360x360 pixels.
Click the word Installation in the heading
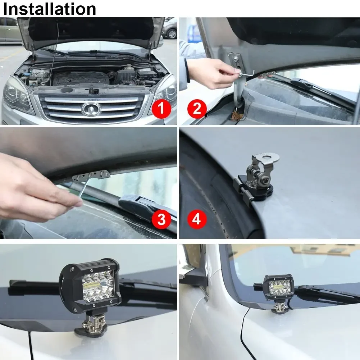pyautogui.click(x=50, y=9)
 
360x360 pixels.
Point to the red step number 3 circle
pyautogui.click(x=161, y=219)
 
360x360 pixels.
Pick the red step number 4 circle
pyautogui.click(x=197, y=219)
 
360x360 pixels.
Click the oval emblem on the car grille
pyautogui.click(x=90, y=109)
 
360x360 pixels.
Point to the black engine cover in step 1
pyautogui.click(x=81, y=77)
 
